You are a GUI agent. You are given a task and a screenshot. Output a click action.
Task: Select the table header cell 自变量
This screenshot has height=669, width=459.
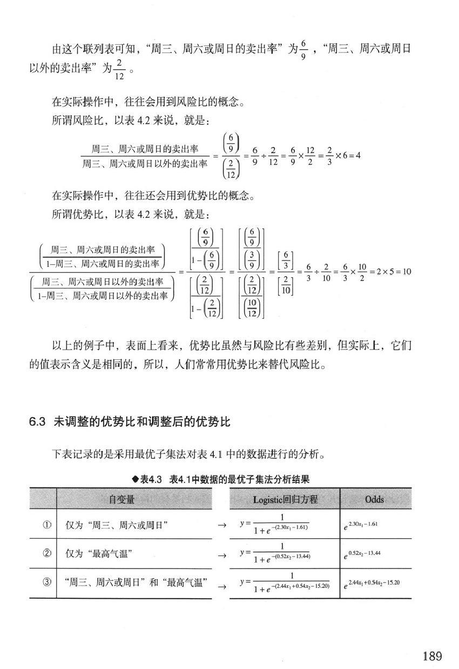point(122,500)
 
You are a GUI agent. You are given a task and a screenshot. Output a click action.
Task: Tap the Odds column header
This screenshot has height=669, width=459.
point(374,500)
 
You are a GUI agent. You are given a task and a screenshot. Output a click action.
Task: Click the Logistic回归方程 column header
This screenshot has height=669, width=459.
point(285,500)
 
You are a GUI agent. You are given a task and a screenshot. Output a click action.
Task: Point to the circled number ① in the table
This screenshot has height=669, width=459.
point(46,525)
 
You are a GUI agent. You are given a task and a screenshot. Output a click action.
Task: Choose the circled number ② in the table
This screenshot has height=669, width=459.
point(46,554)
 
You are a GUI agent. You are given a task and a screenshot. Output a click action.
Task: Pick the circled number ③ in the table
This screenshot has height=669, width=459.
point(46,583)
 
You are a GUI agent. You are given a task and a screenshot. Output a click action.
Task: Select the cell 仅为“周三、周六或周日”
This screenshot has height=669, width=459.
point(117,525)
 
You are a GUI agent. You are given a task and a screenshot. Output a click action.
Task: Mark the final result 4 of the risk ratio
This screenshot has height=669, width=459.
point(357,156)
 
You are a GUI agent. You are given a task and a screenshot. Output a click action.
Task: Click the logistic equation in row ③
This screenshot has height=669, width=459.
point(285,583)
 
